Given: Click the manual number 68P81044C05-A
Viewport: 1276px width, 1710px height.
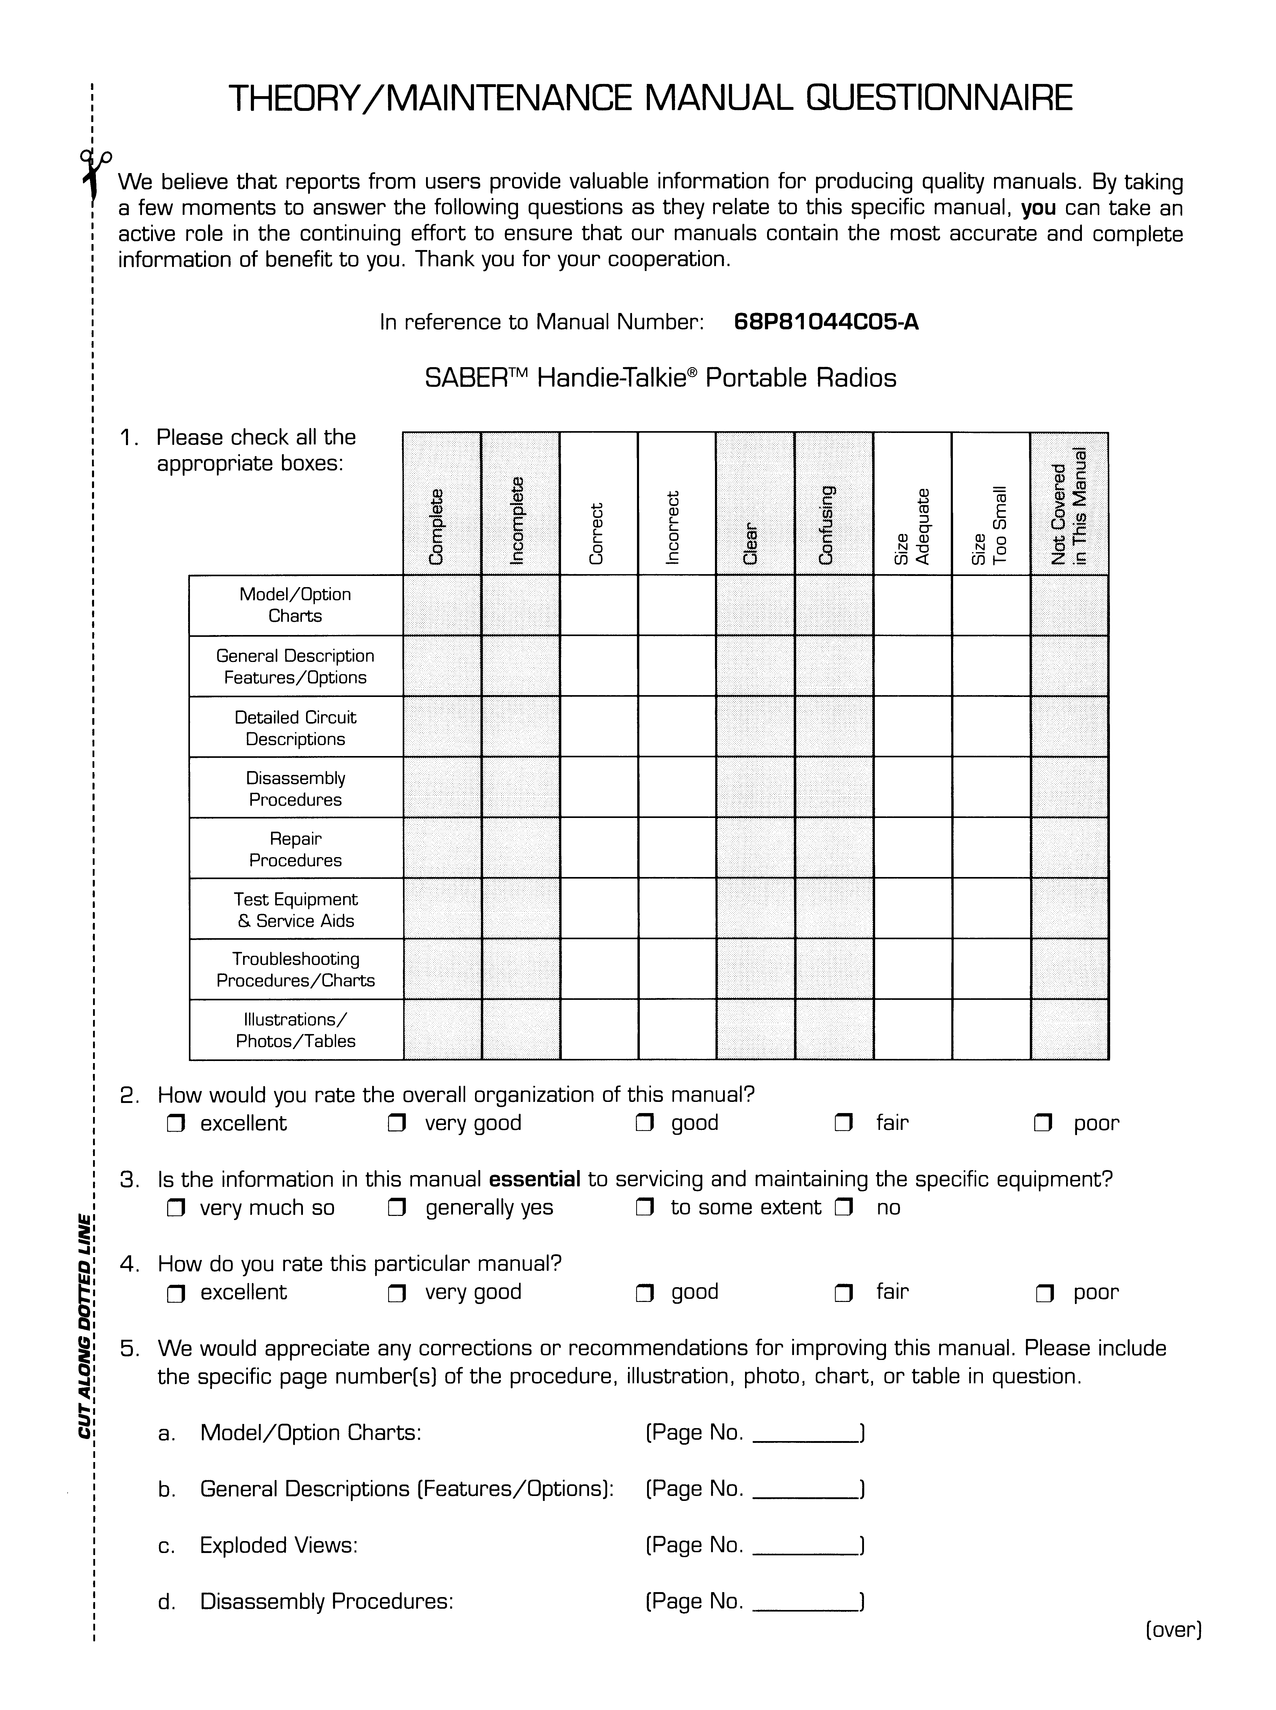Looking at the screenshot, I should point(826,322).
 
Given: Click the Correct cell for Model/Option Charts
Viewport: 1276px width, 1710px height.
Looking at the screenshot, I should point(599,605).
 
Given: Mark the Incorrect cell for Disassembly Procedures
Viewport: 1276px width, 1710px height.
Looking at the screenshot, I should point(677,788).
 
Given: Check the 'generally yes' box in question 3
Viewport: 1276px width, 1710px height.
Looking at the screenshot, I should point(397,1208).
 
